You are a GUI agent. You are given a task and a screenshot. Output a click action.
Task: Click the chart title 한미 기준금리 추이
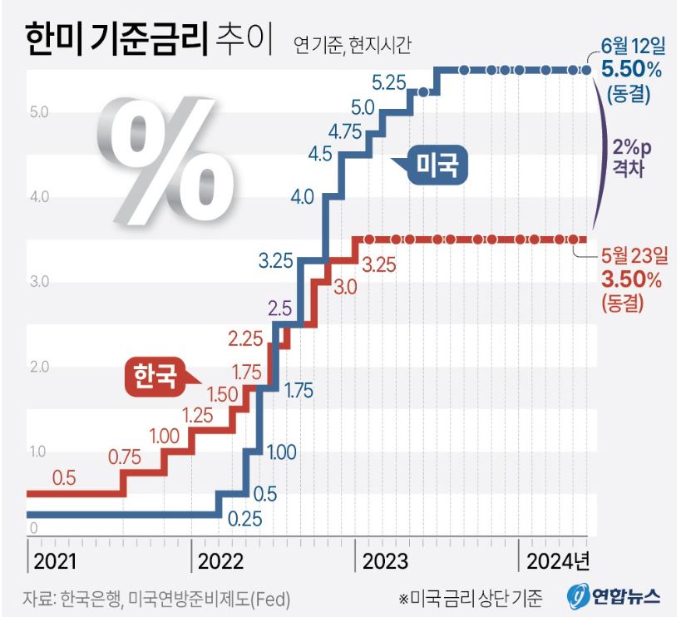point(152,40)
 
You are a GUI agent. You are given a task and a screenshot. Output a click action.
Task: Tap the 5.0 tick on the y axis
point(40,112)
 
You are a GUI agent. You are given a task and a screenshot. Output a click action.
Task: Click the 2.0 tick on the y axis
point(40,367)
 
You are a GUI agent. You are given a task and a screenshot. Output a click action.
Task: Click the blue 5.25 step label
point(388,82)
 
